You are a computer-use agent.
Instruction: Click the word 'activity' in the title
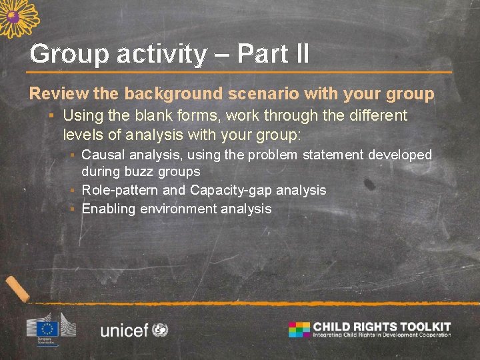(x=162, y=54)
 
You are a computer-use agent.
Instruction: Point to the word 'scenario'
(x=285, y=94)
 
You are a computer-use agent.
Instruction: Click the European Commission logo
(x=51, y=326)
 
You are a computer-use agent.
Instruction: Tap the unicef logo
(x=134, y=329)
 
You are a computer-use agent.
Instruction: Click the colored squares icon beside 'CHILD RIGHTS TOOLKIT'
(x=299, y=329)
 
